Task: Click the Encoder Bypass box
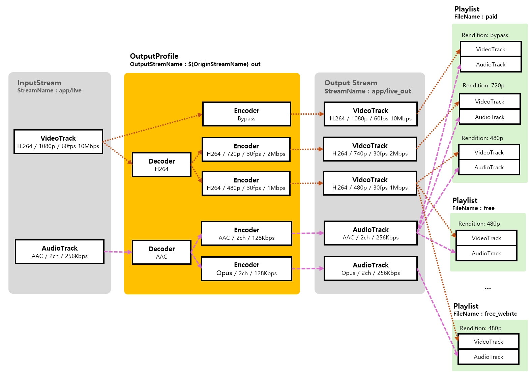(x=246, y=114)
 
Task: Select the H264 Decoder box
(x=161, y=165)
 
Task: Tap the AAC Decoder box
(x=161, y=252)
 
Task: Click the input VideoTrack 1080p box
(x=58, y=142)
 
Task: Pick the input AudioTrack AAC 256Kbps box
(x=59, y=252)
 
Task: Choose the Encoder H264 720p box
(x=246, y=149)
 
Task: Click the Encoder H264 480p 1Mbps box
(x=246, y=183)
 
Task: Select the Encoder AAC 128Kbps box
(x=246, y=233)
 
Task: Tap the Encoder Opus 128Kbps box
(x=246, y=269)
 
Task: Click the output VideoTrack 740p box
(x=370, y=149)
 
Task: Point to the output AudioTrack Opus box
(x=371, y=268)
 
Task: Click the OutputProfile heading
(x=154, y=56)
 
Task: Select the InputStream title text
(x=39, y=83)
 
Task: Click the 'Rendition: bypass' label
(x=485, y=35)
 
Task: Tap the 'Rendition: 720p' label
(x=483, y=85)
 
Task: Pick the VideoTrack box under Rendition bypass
(x=491, y=49)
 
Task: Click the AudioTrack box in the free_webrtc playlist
(x=488, y=357)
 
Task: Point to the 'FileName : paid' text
(x=476, y=17)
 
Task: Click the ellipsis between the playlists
(x=488, y=288)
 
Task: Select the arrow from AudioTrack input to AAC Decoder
(x=118, y=252)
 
